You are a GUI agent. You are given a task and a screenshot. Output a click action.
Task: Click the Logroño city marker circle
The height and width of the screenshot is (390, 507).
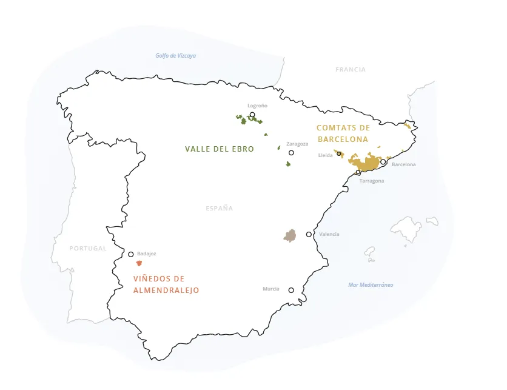click(x=252, y=115)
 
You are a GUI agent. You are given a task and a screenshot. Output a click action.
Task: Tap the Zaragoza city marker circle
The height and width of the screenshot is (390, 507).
click(x=291, y=153)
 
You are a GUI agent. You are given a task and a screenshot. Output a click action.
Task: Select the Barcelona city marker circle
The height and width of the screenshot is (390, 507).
click(x=383, y=162)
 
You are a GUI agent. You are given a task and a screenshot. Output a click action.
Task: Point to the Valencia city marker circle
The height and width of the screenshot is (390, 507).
click(x=309, y=234)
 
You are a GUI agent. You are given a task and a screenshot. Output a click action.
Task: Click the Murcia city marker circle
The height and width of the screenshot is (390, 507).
click(x=291, y=290)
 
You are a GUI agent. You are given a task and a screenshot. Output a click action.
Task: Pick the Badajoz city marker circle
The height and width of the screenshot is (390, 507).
click(x=131, y=254)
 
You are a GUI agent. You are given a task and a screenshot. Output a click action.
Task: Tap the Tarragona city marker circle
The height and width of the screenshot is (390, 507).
click(x=358, y=172)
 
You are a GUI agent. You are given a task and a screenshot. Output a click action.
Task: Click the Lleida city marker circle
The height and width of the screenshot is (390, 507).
click(x=339, y=153)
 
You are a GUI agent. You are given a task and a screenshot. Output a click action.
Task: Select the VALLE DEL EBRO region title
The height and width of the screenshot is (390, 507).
click(x=220, y=149)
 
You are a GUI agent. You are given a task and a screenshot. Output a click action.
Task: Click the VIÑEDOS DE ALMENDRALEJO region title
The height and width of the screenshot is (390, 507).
click(x=166, y=284)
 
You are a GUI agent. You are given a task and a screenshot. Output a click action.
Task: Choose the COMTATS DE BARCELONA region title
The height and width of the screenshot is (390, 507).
click(x=343, y=133)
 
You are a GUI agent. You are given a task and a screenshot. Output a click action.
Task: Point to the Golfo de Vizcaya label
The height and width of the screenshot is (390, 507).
click(x=175, y=56)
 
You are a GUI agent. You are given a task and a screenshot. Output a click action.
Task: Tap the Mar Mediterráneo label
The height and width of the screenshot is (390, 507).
click(x=371, y=285)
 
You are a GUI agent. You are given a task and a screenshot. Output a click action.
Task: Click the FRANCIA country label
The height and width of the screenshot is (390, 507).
click(x=351, y=70)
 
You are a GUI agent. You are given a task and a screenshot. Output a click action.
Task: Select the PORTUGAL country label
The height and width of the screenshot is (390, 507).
click(x=88, y=248)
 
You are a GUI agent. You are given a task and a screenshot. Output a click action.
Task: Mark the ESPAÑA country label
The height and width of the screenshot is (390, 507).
click(x=219, y=208)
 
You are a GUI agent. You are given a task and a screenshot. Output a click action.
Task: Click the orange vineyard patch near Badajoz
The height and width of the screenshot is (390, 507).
click(x=139, y=263)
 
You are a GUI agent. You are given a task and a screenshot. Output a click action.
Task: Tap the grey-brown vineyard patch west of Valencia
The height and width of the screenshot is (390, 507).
click(x=290, y=236)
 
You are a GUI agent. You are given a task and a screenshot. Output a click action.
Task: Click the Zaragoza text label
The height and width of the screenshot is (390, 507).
click(x=297, y=144)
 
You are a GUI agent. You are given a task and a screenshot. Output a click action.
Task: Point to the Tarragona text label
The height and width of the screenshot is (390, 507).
click(x=371, y=181)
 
